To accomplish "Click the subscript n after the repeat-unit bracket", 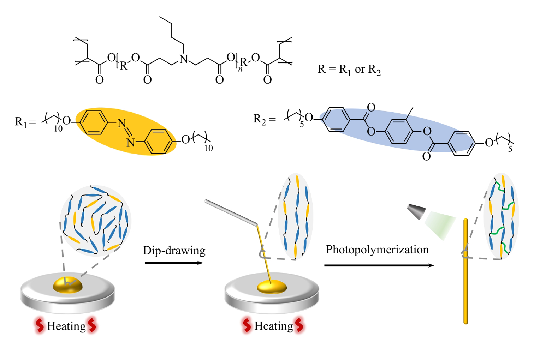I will pos(240,69).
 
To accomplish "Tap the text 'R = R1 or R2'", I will pos(349,70).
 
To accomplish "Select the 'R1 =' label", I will pos(25,122).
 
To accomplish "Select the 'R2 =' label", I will pos(264,119).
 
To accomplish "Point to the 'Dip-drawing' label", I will pos(174,251).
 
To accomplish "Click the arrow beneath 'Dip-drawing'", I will pos(174,263).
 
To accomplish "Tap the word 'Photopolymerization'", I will pos(377,250).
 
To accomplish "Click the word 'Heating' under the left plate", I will pos(66,326).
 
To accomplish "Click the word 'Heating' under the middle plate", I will pos(274,326).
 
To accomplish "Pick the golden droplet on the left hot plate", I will pos(67,284).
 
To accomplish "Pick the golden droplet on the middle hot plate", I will pos(272,287).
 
